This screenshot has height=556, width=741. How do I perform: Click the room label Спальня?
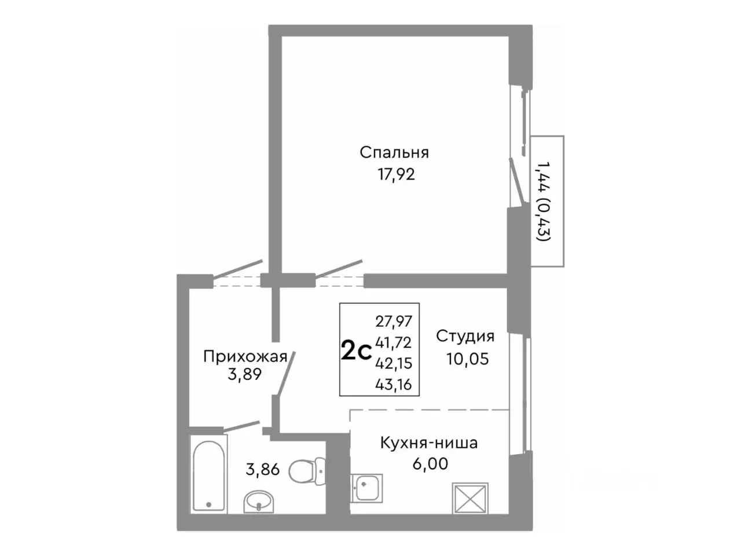click(394, 152)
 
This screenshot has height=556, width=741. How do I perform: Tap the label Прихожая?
click(245, 356)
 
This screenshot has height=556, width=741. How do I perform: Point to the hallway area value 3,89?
click(245, 375)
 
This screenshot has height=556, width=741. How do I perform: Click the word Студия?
click(465, 336)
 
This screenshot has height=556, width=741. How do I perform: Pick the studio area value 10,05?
click(467, 359)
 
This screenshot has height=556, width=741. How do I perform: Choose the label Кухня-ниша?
click(428, 443)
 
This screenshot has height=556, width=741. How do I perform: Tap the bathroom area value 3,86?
click(262, 469)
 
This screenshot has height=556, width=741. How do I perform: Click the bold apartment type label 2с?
click(355, 351)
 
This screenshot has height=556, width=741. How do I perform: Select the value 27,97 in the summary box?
click(394, 321)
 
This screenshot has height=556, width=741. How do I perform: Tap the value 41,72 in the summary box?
click(394, 342)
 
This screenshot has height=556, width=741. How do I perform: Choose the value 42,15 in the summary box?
click(394, 363)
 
